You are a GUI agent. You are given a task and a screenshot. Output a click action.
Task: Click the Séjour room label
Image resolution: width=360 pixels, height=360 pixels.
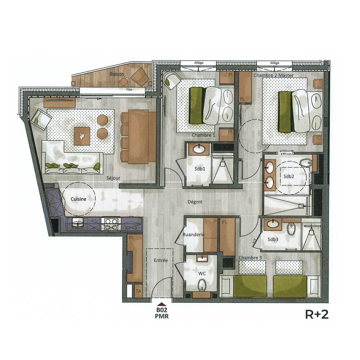113,178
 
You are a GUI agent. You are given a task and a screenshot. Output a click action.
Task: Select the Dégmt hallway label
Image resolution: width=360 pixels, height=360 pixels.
195,202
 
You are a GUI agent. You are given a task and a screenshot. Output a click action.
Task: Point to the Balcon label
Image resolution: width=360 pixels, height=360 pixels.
117,75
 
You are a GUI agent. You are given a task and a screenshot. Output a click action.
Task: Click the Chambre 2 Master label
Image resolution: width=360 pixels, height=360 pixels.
274,75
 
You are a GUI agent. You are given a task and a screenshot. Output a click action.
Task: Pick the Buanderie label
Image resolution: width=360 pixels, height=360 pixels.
194,234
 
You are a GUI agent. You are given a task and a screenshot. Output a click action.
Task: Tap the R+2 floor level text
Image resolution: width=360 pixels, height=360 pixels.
316,314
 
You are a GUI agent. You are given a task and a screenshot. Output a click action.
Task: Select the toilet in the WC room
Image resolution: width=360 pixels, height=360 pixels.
202,286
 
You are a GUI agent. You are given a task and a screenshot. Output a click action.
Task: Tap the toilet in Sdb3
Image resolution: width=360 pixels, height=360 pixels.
291,229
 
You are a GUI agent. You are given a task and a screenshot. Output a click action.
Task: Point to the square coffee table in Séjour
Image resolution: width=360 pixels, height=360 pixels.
82,136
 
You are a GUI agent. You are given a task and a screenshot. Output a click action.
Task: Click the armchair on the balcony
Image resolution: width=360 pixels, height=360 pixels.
139,76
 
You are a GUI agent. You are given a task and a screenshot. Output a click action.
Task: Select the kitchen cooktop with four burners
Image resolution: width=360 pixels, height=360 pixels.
111,224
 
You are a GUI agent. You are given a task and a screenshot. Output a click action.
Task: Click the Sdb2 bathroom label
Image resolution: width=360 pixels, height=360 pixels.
289,176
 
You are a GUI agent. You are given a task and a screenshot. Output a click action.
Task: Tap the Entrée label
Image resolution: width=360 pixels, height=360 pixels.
161,260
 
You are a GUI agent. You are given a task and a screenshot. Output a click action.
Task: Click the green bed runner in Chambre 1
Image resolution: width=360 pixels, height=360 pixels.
196,106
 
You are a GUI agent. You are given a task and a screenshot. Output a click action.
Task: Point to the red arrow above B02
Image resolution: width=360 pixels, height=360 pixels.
161,304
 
